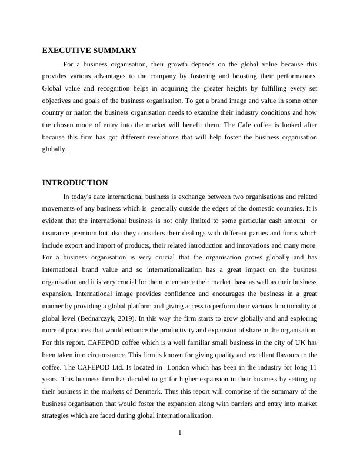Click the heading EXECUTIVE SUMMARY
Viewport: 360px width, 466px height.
click(x=89, y=51)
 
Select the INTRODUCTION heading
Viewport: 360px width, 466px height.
click(x=75, y=183)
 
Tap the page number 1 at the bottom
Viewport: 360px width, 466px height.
click(x=180, y=434)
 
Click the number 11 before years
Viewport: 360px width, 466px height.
click(x=313, y=367)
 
